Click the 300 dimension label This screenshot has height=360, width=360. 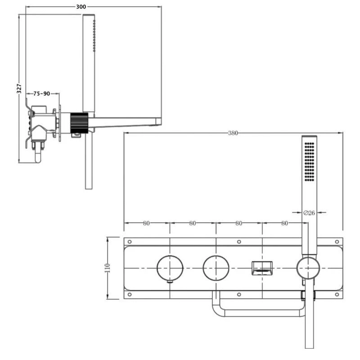(81, 7)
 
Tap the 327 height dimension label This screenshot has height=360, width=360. (19, 88)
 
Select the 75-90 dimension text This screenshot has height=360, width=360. (41, 94)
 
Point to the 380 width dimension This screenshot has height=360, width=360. (233, 133)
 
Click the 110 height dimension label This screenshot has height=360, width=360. (107, 268)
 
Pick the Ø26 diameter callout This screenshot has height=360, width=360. (309, 213)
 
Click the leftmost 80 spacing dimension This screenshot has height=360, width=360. (146, 223)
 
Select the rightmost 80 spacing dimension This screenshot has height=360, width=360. (284, 223)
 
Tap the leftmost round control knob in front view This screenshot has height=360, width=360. (170, 268)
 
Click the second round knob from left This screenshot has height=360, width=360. (216, 268)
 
